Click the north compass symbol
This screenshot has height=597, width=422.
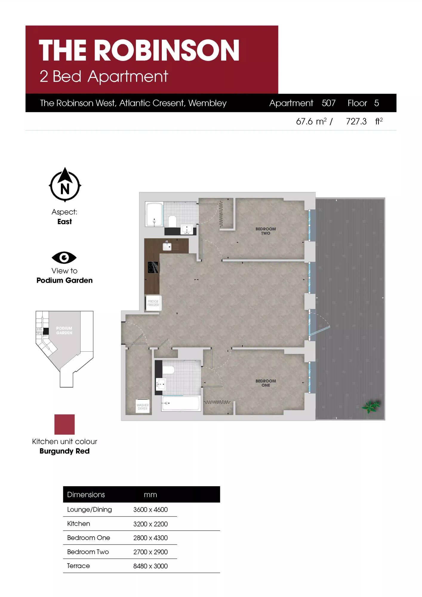65,185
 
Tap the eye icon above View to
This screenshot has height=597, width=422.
64,258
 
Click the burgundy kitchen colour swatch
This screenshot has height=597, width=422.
64,424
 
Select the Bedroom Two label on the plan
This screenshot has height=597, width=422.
266,231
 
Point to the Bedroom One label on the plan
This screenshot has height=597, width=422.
266,383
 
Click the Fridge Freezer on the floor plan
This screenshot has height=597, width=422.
153,303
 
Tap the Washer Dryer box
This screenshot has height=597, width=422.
143,406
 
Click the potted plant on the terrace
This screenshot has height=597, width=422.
371,406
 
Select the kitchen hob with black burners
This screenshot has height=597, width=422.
153,267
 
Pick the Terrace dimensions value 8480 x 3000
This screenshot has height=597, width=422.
150,566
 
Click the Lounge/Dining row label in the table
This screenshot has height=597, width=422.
90,510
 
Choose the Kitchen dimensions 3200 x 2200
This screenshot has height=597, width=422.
150,524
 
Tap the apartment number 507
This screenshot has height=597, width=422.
329,103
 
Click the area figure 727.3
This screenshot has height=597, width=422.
356,121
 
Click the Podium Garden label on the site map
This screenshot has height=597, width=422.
64,330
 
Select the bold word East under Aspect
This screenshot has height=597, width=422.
64,221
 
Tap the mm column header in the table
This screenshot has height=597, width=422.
150,495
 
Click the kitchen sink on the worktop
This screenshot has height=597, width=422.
167,246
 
